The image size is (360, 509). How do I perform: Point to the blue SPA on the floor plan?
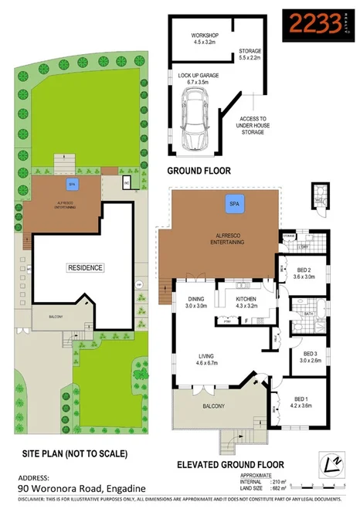(x=232, y=204)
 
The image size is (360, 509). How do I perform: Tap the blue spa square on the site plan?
(x=71, y=185)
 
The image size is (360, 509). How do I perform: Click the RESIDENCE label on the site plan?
(x=84, y=267)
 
